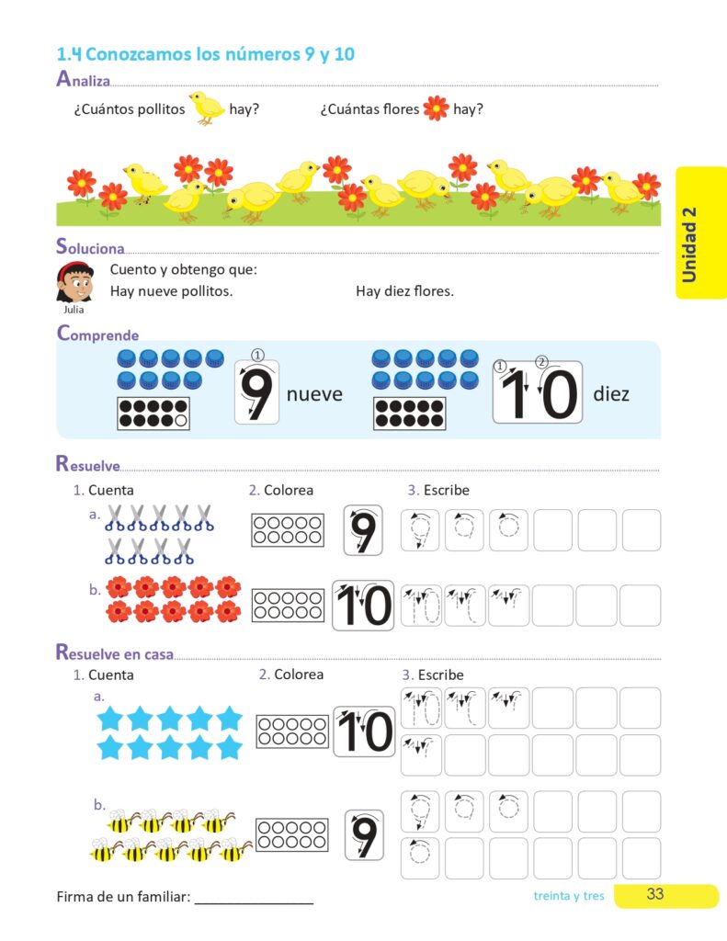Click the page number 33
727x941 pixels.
tap(654, 894)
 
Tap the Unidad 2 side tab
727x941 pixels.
tap(700, 232)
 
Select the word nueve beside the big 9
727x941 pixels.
tap(314, 394)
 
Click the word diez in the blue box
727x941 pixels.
tap(611, 394)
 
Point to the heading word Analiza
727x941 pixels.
tap(83, 79)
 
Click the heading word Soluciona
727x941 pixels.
tap(90, 247)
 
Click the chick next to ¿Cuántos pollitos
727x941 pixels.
tap(207, 108)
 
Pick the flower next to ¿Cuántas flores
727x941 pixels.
tap(436, 108)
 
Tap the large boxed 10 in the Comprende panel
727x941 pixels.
tap(538, 392)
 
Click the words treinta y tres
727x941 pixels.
tap(569, 895)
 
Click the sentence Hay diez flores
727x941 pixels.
tap(404, 291)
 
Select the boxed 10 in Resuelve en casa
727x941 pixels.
tap(364, 731)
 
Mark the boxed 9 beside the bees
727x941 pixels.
tap(364, 834)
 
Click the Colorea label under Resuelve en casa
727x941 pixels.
tap(299, 675)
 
